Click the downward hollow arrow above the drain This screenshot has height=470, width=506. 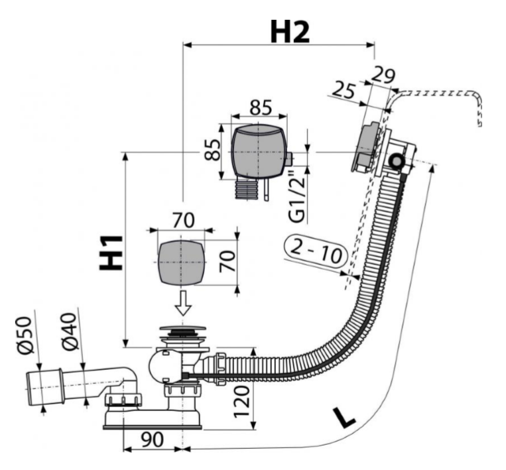[184, 302]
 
